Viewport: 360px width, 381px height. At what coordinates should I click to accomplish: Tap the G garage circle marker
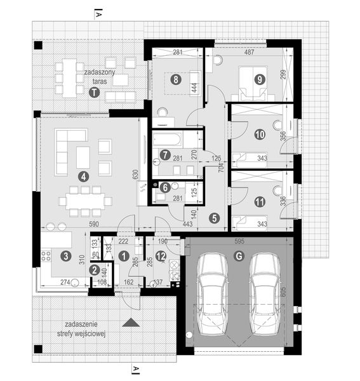click(239, 256)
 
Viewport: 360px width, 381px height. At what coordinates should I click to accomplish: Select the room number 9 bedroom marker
click(259, 79)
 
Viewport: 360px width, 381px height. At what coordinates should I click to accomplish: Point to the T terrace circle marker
click(94, 92)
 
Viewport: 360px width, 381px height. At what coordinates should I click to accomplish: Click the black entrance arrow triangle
click(132, 323)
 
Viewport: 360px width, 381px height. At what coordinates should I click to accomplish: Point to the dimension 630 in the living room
click(135, 175)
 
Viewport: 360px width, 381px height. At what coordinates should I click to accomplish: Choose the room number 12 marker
click(161, 256)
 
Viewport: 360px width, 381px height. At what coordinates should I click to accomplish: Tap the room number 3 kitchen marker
click(65, 256)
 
